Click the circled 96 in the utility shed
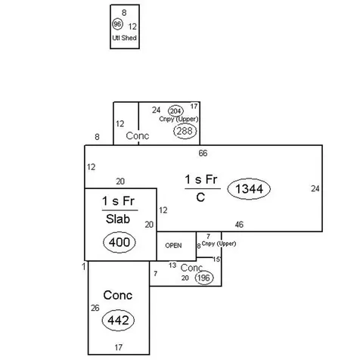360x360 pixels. (117, 24)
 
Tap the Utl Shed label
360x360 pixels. (124, 38)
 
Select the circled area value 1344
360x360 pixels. (249, 189)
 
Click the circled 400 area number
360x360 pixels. (119, 242)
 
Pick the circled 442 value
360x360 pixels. (118, 320)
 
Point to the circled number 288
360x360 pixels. (185, 131)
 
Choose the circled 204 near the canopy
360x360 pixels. (175, 111)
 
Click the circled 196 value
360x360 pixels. (204, 278)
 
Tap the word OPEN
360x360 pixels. (173, 246)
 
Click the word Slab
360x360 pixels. (118, 219)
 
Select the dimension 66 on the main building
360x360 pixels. (203, 153)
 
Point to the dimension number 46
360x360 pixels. (239, 225)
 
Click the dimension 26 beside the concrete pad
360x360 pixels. (95, 308)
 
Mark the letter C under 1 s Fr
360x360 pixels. (200, 197)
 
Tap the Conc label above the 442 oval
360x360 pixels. (118, 295)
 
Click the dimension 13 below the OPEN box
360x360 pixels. (172, 265)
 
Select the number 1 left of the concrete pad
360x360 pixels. (84, 266)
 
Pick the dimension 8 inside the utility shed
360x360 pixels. (124, 13)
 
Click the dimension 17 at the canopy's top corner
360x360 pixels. (194, 107)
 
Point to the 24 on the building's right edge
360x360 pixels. (315, 188)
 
